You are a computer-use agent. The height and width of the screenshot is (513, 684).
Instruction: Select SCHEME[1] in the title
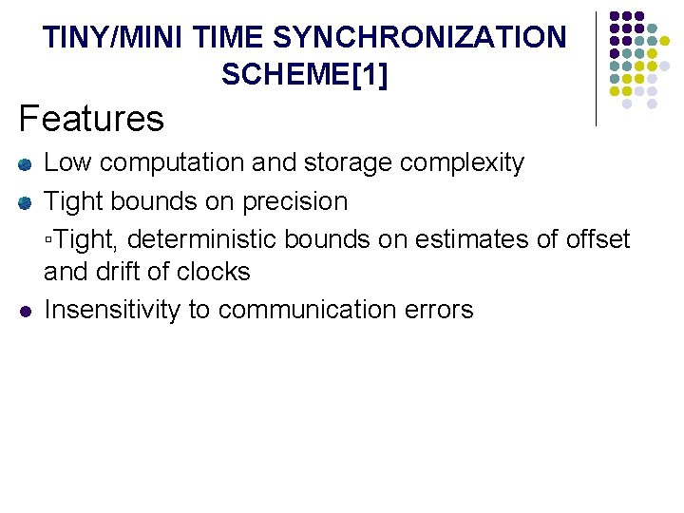pos(304,73)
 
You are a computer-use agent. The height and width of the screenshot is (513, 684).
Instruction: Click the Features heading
pos(91,119)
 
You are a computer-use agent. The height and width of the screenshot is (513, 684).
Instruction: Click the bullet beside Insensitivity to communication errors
pos(26,311)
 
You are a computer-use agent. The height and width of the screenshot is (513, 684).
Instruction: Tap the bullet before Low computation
pos(26,164)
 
